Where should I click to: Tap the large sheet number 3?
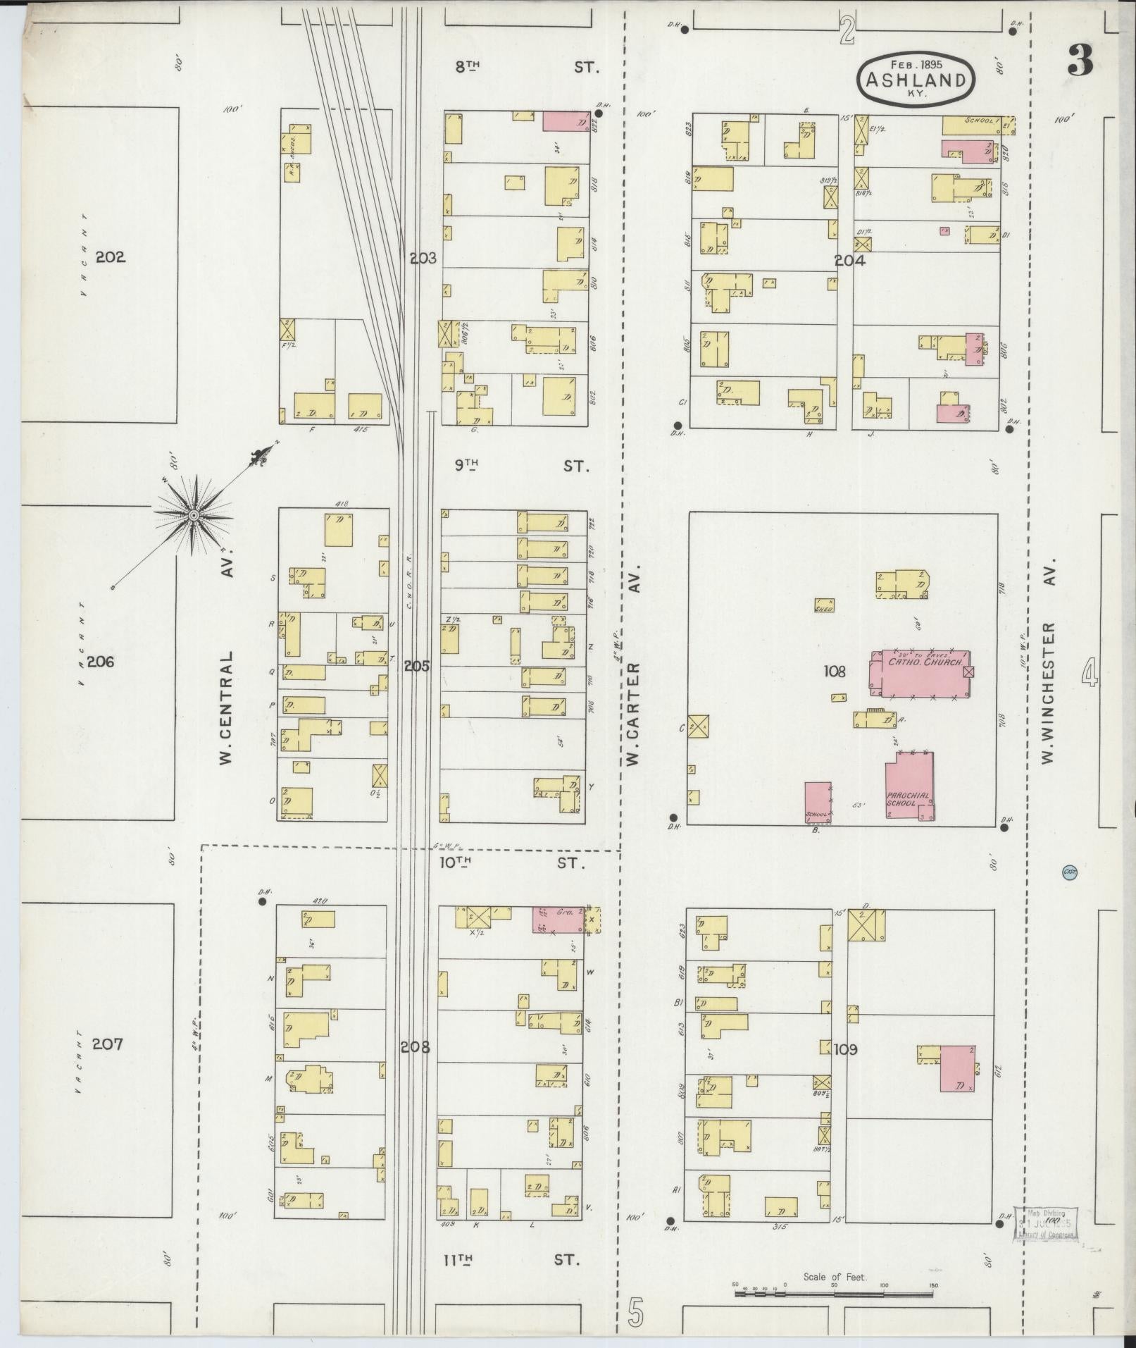pyautogui.click(x=1080, y=61)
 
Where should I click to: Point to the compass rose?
pyautogui.click(x=193, y=516)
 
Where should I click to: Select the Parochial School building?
pyautogui.click(x=910, y=786)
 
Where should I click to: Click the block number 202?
pyautogui.click(x=111, y=257)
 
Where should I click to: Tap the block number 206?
pyautogui.click(x=100, y=662)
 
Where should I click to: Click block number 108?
pyautogui.click(x=835, y=672)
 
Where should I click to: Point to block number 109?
pyautogui.click(x=845, y=1050)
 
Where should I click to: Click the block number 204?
pyautogui.click(x=849, y=260)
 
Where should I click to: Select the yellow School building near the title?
pyautogui.click(x=972, y=124)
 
